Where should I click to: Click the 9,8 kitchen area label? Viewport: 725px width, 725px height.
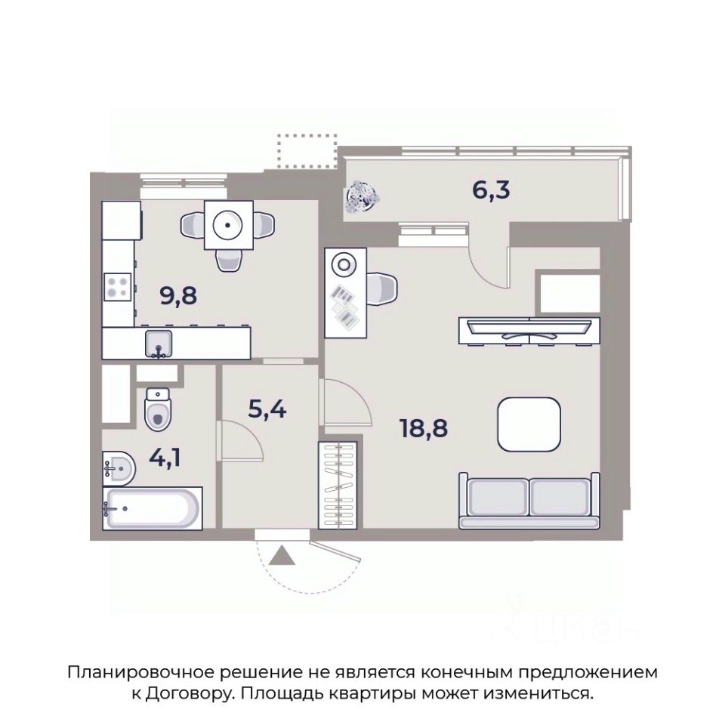click(x=178, y=295)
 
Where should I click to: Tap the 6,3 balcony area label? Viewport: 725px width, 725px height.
click(x=491, y=190)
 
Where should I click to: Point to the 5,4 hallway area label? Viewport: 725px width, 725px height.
click(x=267, y=409)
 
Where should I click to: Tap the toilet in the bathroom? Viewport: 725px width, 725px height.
click(x=158, y=409)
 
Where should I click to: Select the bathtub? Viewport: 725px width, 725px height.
click(x=153, y=508)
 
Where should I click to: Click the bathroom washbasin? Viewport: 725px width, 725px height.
click(x=119, y=468)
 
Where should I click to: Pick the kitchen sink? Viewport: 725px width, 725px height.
click(x=159, y=344)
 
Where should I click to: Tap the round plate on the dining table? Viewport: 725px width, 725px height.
click(x=228, y=225)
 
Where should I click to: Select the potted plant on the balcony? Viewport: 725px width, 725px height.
click(x=362, y=196)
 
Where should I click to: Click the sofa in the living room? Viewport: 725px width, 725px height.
click(x=529, y=501)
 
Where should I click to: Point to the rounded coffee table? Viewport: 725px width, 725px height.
click(x=529, y=424)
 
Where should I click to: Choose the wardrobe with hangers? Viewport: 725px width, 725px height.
click(x=338, y=486)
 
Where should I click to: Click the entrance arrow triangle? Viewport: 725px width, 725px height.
click(x=282, y=555)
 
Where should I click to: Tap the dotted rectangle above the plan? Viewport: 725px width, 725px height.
click(x=307, y=151)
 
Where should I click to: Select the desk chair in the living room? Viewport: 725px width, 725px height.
click(x=382, y=288)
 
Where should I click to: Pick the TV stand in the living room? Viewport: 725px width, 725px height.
click(x=529, y=331)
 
